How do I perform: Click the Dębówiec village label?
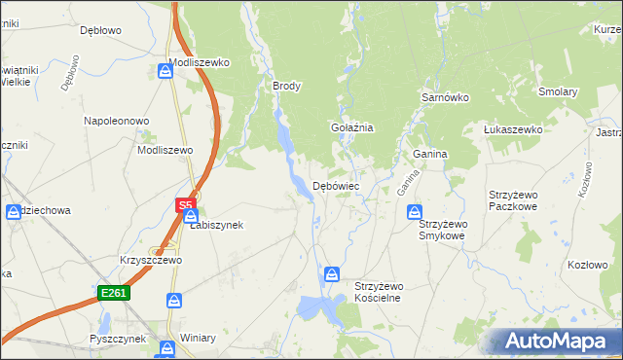[x=336, y=185]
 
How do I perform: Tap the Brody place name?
[x=286, y=86]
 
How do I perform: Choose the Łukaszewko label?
[x=512, y=129]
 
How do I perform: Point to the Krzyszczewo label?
[x=151, y=261]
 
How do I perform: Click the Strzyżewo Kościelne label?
[x=391, y=292]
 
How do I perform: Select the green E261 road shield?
[x=113, y=293]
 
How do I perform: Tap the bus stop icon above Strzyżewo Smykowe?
[x=415, y=211]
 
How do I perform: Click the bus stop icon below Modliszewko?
[x=164, y=71]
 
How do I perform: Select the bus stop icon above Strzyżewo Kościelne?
[x=332, y=274]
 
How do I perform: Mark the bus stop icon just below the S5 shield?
[x=191, y=216]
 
